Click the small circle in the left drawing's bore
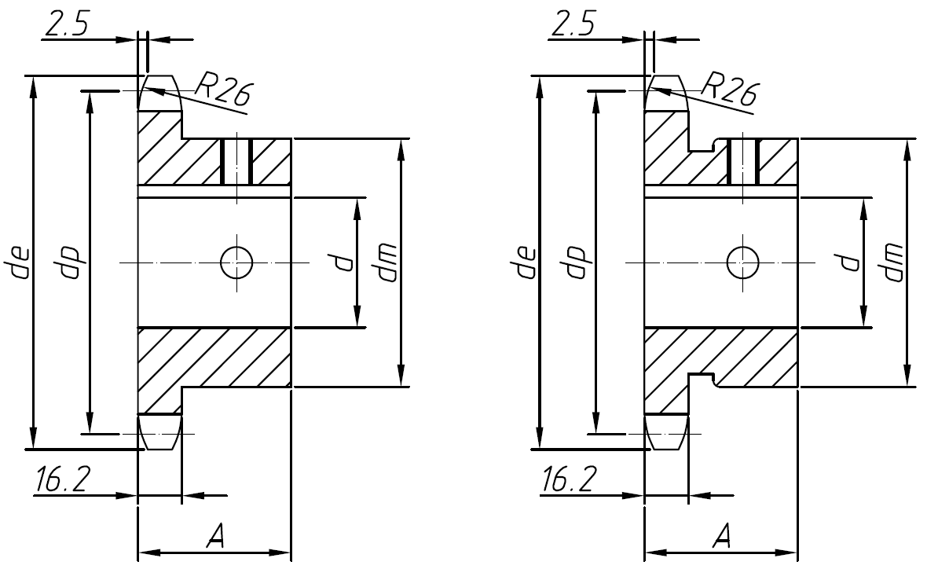pos(236,262)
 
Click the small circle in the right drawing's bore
pos(742,262)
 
